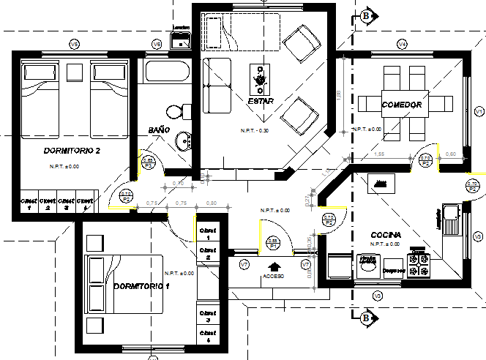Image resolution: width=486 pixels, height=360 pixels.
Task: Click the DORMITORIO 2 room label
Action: (62, 151)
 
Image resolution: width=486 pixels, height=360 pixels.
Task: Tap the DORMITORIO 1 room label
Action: (141, 285)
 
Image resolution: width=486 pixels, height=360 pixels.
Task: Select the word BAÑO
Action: (159, 130)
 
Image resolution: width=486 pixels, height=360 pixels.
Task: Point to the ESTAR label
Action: (261, 101)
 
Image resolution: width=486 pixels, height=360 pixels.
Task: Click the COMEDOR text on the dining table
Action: (402, 105)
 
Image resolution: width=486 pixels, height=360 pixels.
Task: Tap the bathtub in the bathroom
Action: (167, 72)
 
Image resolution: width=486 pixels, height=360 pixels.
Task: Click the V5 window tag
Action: (74, 45)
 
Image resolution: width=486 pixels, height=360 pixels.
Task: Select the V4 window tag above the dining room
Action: (402, 45)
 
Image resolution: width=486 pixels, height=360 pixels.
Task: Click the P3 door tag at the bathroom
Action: (148, 162)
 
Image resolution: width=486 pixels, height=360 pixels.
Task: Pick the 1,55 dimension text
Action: (379, 154)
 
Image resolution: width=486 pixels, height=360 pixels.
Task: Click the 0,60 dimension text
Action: (451, 154)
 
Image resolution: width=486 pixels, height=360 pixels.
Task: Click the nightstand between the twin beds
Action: (74, 72)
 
